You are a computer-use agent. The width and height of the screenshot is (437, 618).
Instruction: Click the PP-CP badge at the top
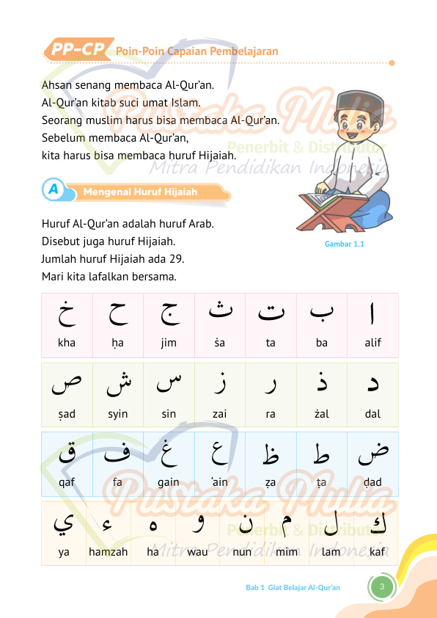[76, 50]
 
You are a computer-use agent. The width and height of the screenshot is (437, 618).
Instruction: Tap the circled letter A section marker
[53, 190]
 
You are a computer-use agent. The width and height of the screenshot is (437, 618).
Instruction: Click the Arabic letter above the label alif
[373, 313]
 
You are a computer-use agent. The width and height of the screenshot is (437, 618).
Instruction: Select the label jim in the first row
[169, 343]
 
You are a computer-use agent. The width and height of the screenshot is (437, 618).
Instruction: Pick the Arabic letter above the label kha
[67, 314]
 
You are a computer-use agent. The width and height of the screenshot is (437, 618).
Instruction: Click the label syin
[117, 414]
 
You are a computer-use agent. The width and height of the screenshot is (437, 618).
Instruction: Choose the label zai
[219, 414]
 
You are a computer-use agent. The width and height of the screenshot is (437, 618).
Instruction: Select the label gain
[169, 482]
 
